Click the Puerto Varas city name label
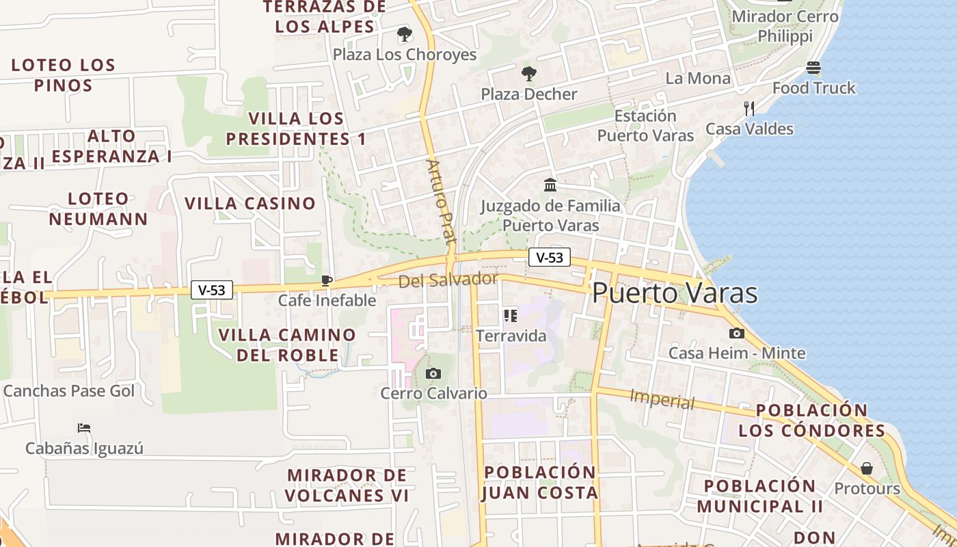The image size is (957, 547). [x=675, y=293]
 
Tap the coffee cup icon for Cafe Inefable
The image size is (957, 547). [x=327, y=280]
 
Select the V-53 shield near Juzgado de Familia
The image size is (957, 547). [x=550, y=257]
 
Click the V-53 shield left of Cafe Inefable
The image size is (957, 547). [x=212, y=290]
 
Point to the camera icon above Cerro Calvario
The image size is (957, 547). [x=433, y=373]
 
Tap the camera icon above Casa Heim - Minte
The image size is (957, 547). [x=737, y=333]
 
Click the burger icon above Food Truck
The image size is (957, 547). [x=813, y=68]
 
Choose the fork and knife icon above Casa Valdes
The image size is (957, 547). [x=749, y=108]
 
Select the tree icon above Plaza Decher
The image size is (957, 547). [x=528, y=74]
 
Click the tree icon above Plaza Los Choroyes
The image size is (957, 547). [x=405, y=34]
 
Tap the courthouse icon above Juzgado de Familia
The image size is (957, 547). [x=550, y=185]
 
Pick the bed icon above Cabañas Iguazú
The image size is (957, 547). [x=84, y=428]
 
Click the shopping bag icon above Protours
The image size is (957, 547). [x=867, y=468]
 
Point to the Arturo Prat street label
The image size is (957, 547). [x=441, y=202]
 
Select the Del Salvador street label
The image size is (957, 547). [x=448, y=280]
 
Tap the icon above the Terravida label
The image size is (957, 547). [x=510, y=315]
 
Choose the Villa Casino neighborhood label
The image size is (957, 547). [x=250, y=203]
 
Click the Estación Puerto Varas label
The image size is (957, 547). [x=645, y=126]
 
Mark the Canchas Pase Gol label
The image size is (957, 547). [x=69, y=391]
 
